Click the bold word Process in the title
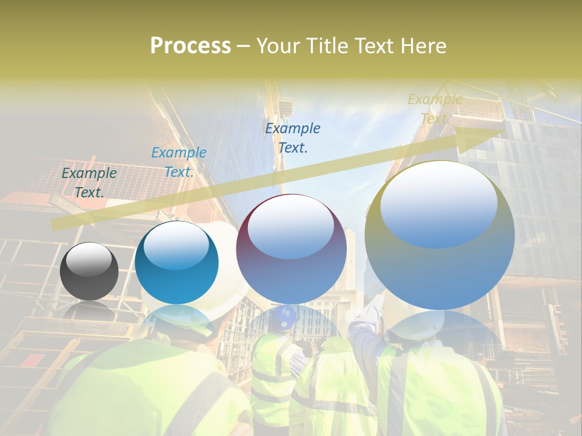point(190,46)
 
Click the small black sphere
point(89,271)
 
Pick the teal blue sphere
point(176,263)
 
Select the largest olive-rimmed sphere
point(440,235)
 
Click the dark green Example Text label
point(89,182)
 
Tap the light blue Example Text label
point(179,162)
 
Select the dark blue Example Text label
point(293,137)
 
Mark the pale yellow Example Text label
point(435,108)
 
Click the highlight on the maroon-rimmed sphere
point(291,227)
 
